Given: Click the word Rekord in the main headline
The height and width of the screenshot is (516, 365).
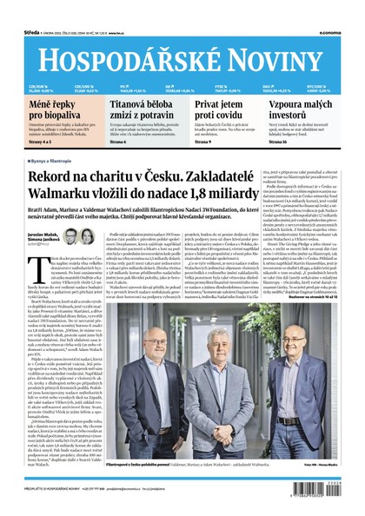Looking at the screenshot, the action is [x=56, y=179].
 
